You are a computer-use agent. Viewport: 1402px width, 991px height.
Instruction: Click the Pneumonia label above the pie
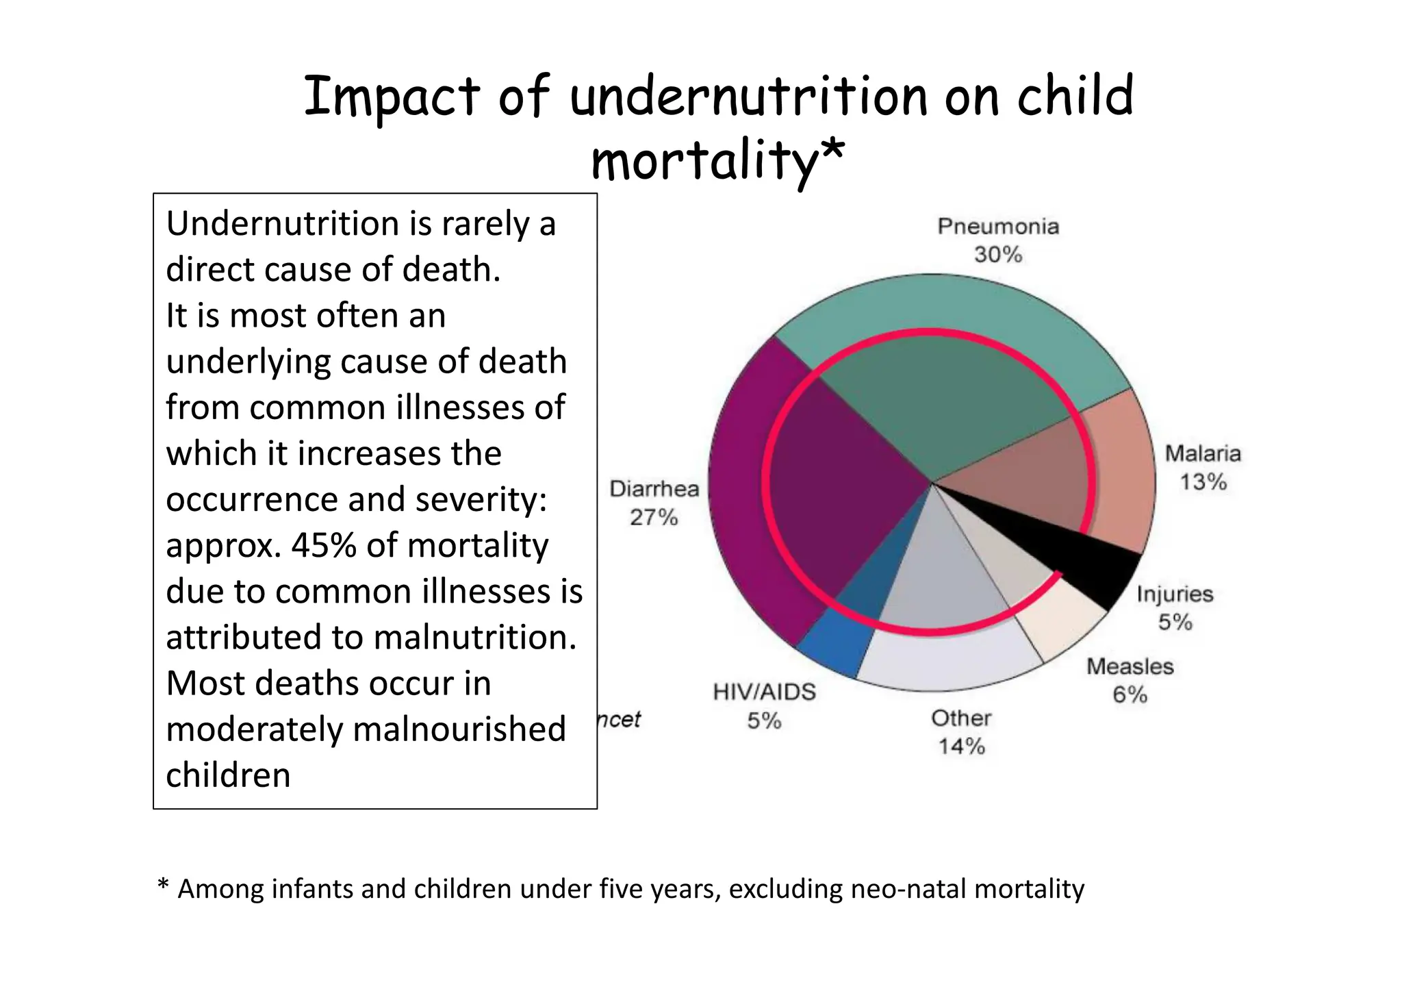(x=997, y=227)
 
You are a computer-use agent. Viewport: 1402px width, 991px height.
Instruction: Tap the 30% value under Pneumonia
(x=997, y=255)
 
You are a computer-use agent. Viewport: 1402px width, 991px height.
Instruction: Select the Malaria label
(x=1202, y=453)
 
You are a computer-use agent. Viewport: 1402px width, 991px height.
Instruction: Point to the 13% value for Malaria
(x=1202, y=481)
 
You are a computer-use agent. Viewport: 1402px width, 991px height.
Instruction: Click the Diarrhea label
(x=654, y=489)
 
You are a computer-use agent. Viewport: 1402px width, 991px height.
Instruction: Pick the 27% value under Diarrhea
(x=654, y=517)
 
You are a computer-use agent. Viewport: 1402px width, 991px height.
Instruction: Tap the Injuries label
(x=1174, y=594)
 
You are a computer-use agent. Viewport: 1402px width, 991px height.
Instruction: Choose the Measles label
(x=1130, y=666)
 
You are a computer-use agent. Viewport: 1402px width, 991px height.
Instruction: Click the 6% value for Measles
(x=1130, y=694)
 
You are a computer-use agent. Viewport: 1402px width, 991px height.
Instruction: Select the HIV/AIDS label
(x=764, y=692)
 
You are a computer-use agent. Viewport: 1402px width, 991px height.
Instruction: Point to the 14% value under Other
(x=961, y=746)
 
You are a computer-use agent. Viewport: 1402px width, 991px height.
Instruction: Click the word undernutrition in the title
(x=748, y=97)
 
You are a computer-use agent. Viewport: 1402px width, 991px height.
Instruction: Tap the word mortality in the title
(x=705, y=162)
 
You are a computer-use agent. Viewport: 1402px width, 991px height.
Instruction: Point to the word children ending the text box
(x=228, y=775)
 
